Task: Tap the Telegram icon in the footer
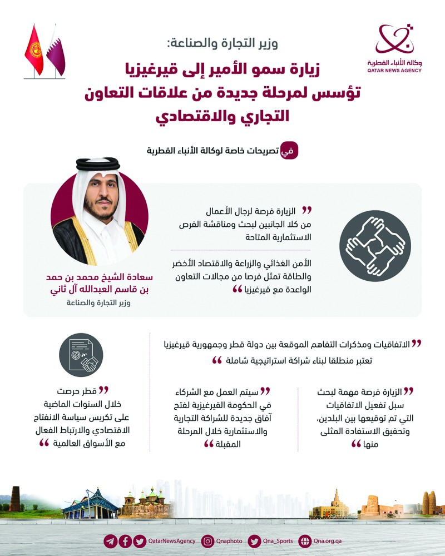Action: pos(111,540)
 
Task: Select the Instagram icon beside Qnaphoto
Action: pos(207,540)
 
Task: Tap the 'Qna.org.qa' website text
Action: pos(328,540)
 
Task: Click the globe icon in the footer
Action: pos(305,540)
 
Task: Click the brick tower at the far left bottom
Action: pos(15,499)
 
